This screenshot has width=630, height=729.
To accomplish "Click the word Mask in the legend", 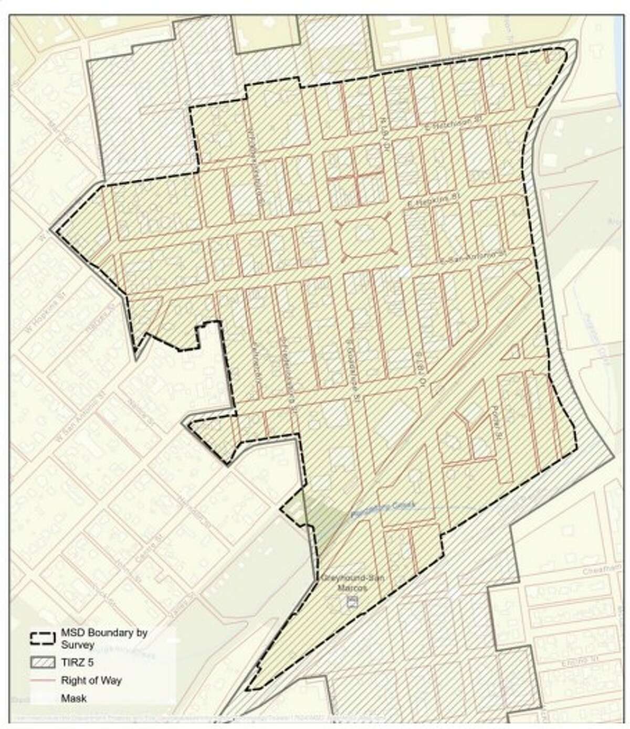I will click(73, 698).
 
